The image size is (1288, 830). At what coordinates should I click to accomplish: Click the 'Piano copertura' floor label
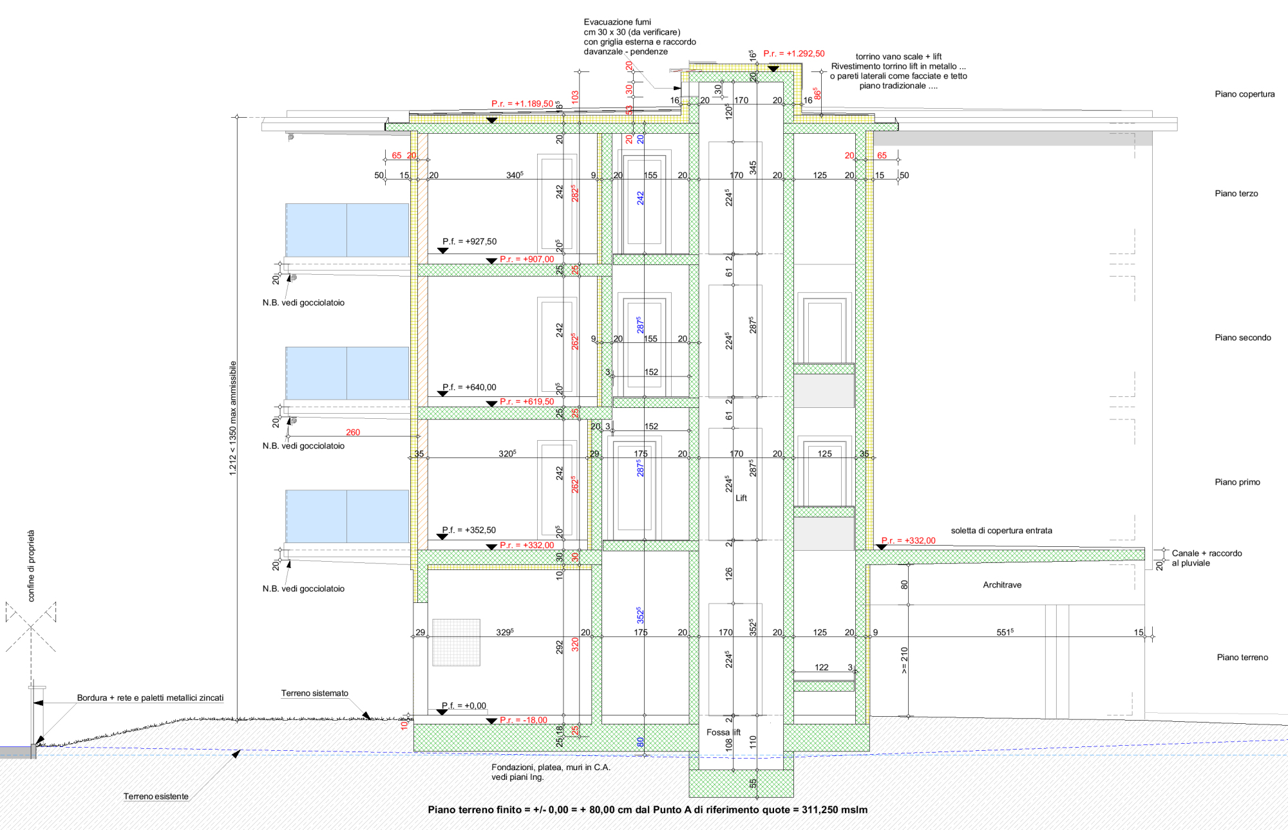point(1244,94)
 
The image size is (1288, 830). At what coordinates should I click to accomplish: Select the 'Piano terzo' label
point(1236,194)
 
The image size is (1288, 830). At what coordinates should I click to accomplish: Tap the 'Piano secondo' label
point(1242,338)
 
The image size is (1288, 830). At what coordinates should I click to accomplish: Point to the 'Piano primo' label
point(1237,482)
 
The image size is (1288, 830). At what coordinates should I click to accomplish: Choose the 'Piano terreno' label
point(1242,658)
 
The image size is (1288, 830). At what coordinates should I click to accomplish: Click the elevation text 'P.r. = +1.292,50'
point(793,53)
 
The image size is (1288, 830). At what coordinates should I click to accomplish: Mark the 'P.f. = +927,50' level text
point(469,241)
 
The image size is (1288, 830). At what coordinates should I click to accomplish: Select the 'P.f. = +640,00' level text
point(469,387)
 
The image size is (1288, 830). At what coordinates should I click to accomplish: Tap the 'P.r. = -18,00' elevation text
point(523,720)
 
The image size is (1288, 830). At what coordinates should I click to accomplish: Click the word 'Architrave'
point(1001,585)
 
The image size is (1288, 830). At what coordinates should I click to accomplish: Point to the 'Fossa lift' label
point(723,732)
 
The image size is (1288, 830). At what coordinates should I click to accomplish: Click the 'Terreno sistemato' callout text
point(314,693)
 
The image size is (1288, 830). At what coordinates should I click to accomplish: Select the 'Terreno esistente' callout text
point(156,797)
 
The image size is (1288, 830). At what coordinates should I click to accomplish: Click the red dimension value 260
point(353,432)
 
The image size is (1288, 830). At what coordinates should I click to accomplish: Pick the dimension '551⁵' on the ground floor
point(1005,632)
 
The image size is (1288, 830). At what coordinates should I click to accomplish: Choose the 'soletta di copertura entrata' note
point(1001,531)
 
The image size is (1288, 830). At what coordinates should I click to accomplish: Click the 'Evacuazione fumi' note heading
point(617,22)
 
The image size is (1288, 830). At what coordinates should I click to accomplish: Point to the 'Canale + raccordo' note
point(1206,553)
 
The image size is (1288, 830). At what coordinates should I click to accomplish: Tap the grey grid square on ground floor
point(456,641)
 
